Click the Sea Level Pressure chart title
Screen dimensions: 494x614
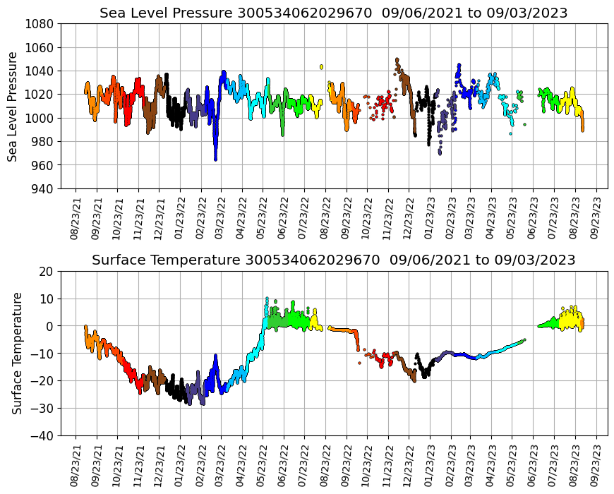click(x=333, y=13)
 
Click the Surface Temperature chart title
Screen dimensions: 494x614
click(x=333, y=260)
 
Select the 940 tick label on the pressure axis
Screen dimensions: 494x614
click(x=42, y=189)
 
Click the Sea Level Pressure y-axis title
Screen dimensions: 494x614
click(x=13, y=106)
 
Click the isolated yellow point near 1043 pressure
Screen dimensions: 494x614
click(x=321, y=67)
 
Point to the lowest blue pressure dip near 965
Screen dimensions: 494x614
click(x=215, y=159)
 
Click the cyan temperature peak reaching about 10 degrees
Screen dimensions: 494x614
click(x=267, y=299)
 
